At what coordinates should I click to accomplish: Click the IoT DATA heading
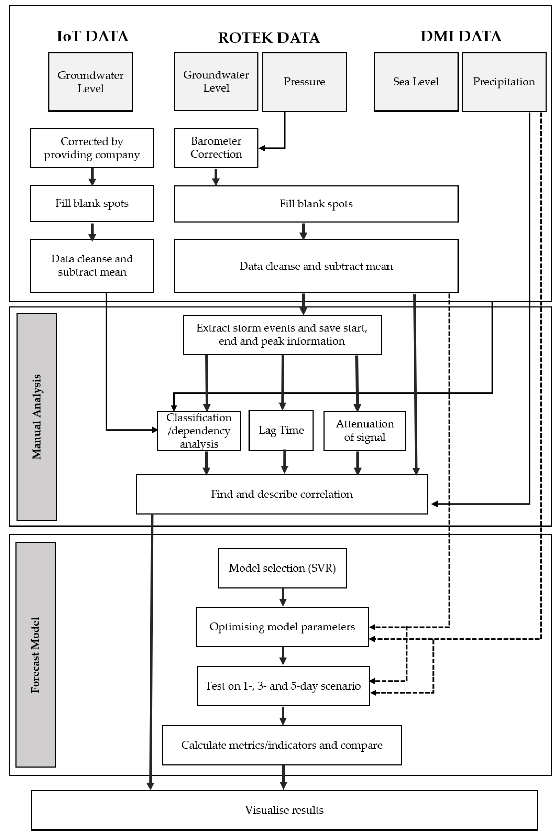point(92,36)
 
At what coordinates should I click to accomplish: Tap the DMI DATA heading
point(461,36)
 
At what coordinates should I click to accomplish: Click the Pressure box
point(304,82)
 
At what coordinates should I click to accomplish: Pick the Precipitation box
point(504,82)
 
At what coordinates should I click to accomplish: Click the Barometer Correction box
point(216,148)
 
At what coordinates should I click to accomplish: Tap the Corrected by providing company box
point(92,148)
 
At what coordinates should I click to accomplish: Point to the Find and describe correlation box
point(282,494)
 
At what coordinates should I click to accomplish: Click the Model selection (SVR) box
point(282,568)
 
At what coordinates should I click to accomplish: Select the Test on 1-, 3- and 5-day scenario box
point(283,686)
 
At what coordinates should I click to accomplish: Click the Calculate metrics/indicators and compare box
point(282,745)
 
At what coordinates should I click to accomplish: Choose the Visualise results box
point(284,810)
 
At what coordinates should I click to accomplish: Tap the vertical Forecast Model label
point(36,655)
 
